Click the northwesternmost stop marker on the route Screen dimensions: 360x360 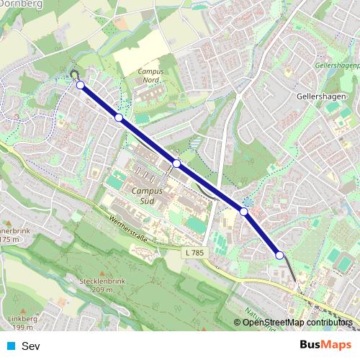click(x=80, y=85)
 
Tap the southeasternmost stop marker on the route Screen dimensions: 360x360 click(x=279, y=255)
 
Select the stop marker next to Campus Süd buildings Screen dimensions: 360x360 click(x=176, y=163)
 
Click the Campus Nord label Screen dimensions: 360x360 click(x=150, y=76)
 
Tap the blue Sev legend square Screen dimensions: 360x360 click(x=10, y=346)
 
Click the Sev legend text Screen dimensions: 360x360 click(x=31, y=346)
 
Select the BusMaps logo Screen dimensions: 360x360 click(x=325, y=346)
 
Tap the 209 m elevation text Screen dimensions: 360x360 click(x=103, y=289)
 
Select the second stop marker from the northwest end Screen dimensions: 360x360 click(x=119, y=117)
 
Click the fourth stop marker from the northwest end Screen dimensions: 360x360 click(x=244, y=212)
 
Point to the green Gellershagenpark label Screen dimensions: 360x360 click(x=337, y=66)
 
